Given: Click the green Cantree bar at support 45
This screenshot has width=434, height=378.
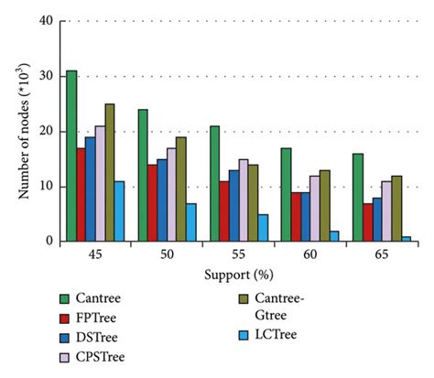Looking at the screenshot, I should (71, 157).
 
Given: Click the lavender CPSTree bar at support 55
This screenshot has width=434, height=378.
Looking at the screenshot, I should (243, 200).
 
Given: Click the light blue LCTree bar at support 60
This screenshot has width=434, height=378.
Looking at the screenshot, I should (334, 236).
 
